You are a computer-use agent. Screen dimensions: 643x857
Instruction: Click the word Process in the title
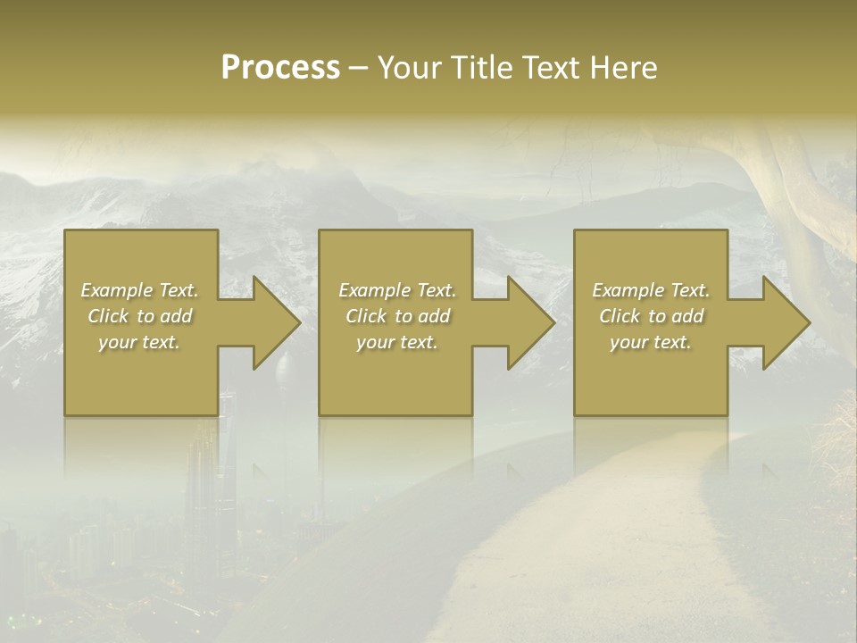pyautogui.click(x=280, y=68)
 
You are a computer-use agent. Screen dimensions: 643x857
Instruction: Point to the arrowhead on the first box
pyautogui.click(x=271, y=322)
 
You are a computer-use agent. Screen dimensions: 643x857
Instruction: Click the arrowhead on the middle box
pyautogui.click(x=527, y=322)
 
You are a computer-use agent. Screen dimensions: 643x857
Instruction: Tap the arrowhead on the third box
pyautogui.click(x=782, y=322)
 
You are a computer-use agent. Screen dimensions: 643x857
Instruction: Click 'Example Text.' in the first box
pyautogui.click(x=140, y=290)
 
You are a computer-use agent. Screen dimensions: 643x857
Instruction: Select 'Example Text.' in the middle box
pyautogui.click(x=397, y=290)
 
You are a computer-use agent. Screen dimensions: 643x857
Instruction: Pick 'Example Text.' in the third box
pyautogui.click(x=651, y=290)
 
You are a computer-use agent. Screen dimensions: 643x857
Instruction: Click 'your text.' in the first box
pyautogui.click(x=140, y=342)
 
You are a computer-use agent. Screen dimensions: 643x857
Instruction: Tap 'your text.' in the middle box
pyautogui.click(x=397, y=342)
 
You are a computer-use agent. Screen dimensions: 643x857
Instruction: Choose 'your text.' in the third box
pyautogui.click(x=651, y=342)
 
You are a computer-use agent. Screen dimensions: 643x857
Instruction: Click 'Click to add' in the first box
pyautogui.click(x=140, y=316)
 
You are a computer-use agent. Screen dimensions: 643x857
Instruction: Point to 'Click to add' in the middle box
pyautogui.click(x=397, y=316)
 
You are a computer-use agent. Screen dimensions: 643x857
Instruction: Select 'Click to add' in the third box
pyautogui.click(x=651, y=316)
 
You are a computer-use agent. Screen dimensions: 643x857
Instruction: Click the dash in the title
pyautogui.click(x=359, y=69)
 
